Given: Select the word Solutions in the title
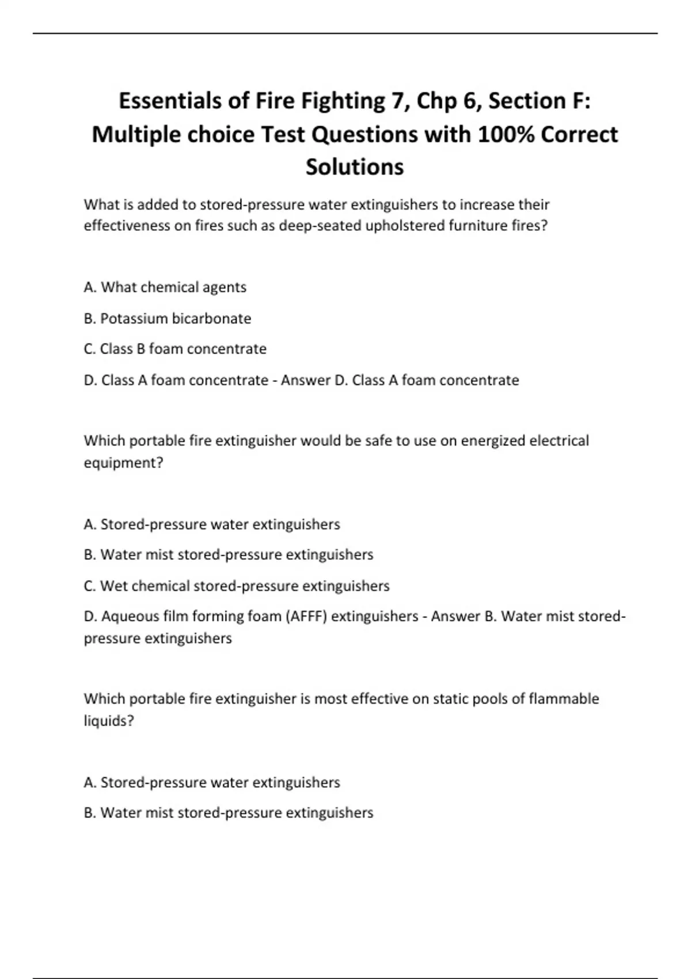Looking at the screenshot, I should click(x=355, y=167).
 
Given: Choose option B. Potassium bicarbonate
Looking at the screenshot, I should click(x=168, y=318).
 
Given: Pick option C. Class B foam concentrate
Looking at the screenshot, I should click(x=175, y=349).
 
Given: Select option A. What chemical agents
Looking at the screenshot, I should click(x=165, y=287).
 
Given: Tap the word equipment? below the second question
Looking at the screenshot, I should click(x=124, y=463).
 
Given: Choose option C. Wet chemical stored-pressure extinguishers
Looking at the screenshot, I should click(x=237, y=586).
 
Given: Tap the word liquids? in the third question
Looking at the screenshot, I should click(x=109, y=721).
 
